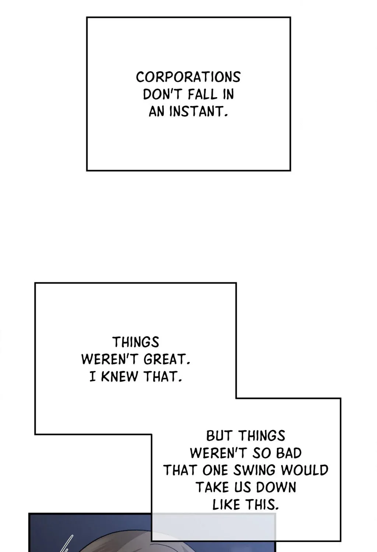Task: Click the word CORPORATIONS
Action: coord(188,77)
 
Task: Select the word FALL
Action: coord(202,94)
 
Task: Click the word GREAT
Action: coord(167,359)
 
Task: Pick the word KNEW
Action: coord(120,376)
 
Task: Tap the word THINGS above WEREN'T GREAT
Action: coord(136,342)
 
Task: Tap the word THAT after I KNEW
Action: coord(163,376)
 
